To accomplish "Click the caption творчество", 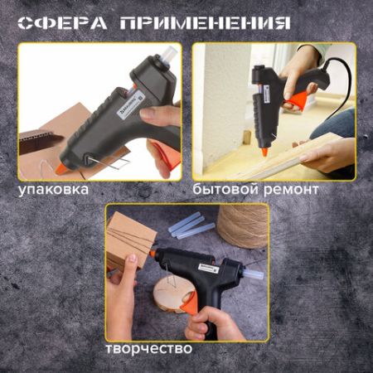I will tap(149, 348).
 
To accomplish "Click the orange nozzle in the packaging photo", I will tap(63, 167).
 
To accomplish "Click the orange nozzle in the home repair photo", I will tap(264, 153).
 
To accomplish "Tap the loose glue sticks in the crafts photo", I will tap(191, 225).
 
